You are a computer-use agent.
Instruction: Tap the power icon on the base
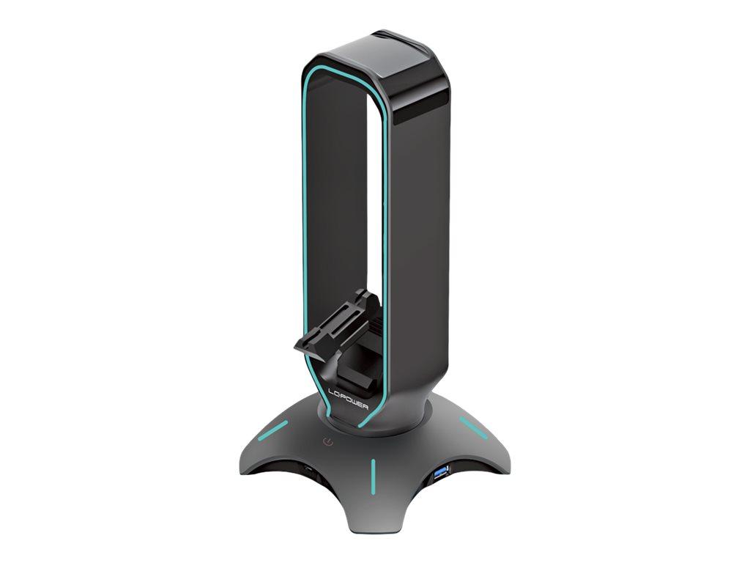click(329, 442)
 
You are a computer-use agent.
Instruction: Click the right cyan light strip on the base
click(472, 428)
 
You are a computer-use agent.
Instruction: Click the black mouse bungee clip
click(333, 323)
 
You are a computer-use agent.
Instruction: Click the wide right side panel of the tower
click(417, 257)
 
